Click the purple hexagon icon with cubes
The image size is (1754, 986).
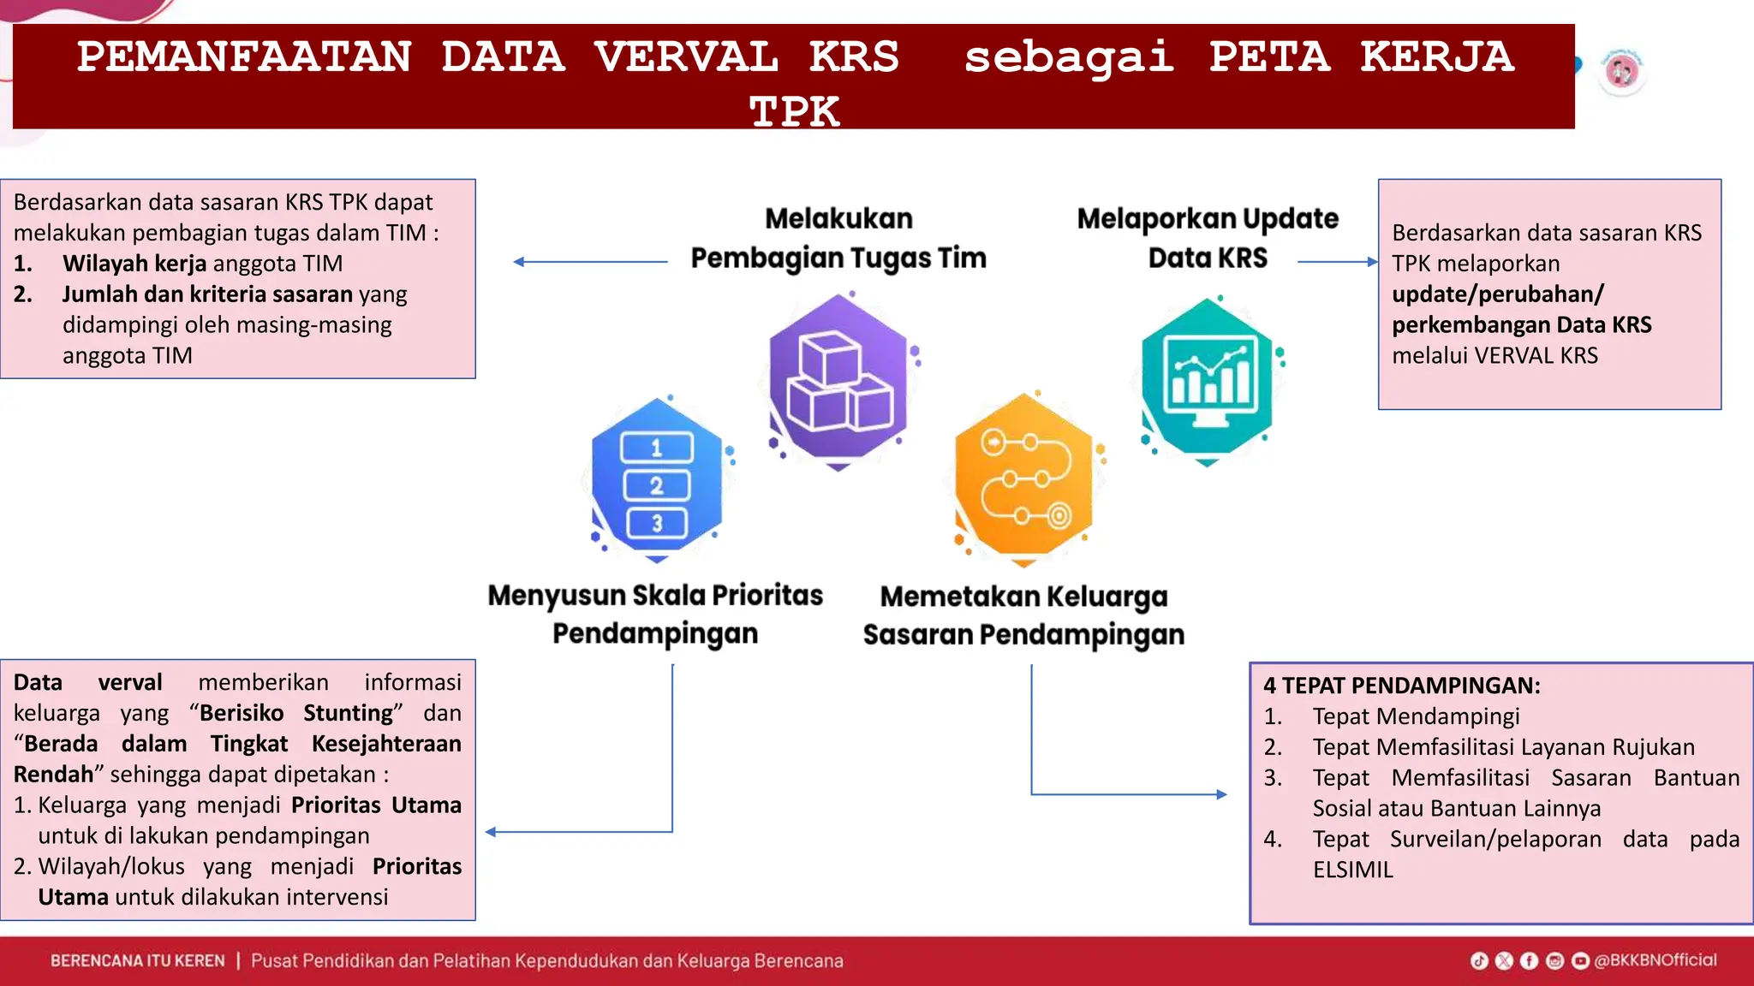point(838,378)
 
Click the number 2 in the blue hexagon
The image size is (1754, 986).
point(656,485)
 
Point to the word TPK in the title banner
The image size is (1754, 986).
point(794,112)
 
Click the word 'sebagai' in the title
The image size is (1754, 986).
point(1068,57)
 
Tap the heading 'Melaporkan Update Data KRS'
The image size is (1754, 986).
point(1207,238)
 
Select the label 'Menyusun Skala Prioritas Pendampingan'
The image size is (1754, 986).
point(655,614)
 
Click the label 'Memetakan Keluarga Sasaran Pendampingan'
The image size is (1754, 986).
point(1023,615)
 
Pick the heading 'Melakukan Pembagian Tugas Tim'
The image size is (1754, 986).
point(838,238)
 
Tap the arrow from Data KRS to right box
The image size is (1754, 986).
point(1337,262)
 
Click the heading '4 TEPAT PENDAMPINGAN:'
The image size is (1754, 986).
point(1401,686)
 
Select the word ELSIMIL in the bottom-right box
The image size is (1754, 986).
point(1352,870)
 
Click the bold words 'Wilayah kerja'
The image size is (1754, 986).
point(134,264)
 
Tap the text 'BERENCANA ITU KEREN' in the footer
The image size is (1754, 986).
point(137,960)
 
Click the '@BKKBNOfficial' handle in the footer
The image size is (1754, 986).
point(1655,960)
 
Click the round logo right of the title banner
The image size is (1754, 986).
point(1621,72)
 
